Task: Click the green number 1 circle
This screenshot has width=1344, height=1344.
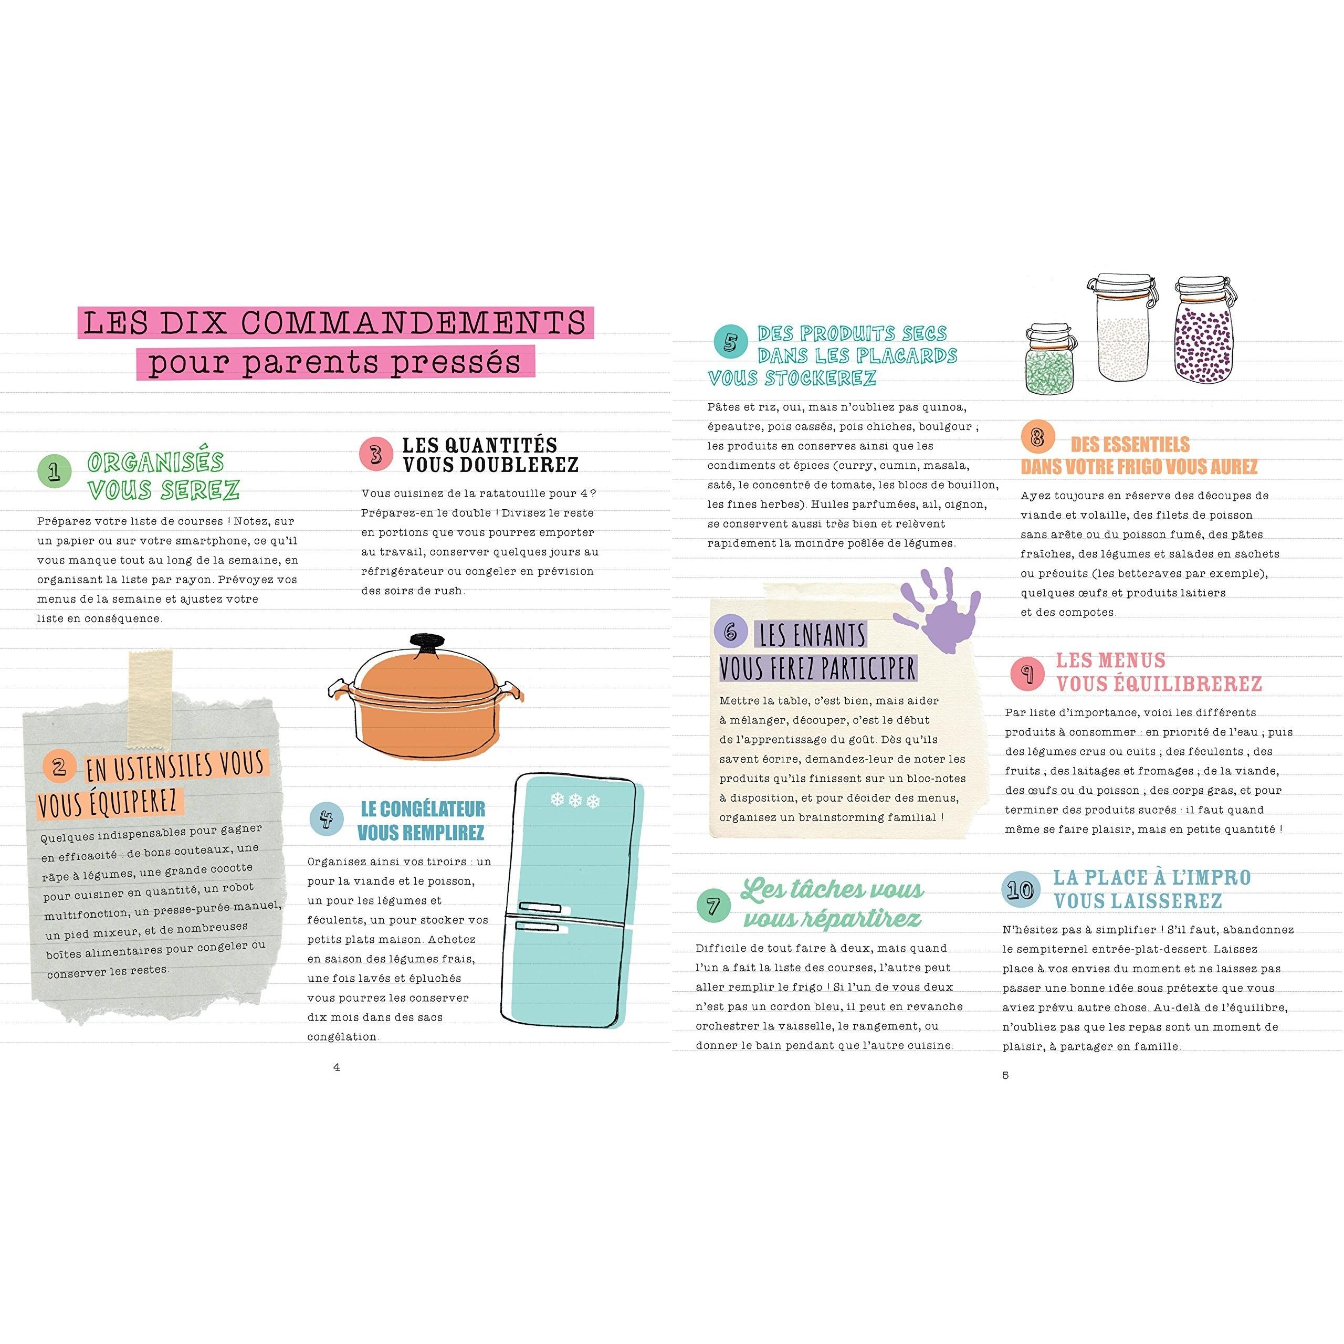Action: (54, 471)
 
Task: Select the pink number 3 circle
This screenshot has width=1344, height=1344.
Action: (376, 454)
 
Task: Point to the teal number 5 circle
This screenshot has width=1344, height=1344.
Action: (730, 342)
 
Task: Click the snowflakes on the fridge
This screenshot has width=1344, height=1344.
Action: (574, 800)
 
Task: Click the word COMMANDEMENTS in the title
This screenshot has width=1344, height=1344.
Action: (413, 323)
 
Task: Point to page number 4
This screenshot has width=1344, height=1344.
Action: (337, 1067)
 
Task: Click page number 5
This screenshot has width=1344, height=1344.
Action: (1005, 1075)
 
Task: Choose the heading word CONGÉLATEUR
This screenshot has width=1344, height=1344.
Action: (423, 809)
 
